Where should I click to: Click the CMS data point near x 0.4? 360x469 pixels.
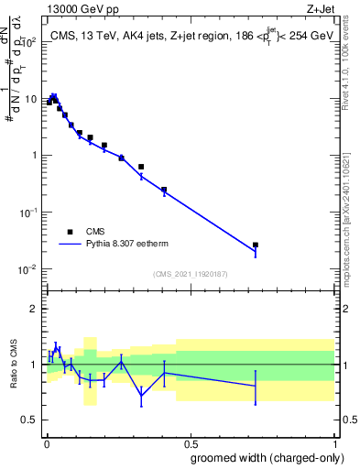164,190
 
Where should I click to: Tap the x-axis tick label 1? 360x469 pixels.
334,442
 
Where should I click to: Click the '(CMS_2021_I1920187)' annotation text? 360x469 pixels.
189,273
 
